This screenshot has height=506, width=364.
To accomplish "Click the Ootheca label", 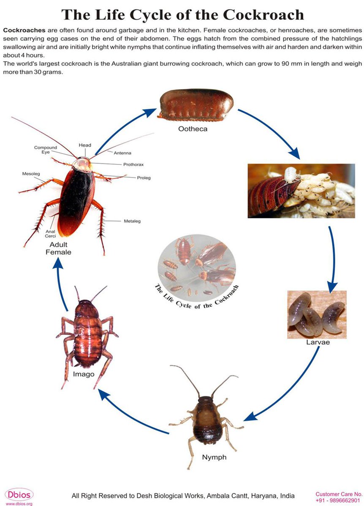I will point(192,129).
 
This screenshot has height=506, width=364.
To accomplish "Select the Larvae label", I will point(318,342).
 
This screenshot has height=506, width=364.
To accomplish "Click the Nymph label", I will point(214,458).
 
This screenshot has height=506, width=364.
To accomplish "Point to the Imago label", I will point(83,374).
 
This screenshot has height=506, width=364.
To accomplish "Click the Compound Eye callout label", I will point(46,150).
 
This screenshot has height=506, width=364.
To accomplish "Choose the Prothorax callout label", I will point(134,164).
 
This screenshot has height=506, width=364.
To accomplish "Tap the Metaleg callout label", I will point(132,221).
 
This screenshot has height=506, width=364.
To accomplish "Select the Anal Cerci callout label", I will point(50,234).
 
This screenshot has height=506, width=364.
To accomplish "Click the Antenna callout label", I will point(122,153).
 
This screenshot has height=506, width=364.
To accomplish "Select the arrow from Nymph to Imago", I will point(131,413).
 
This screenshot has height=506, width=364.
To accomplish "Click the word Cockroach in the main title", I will point(263,15).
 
